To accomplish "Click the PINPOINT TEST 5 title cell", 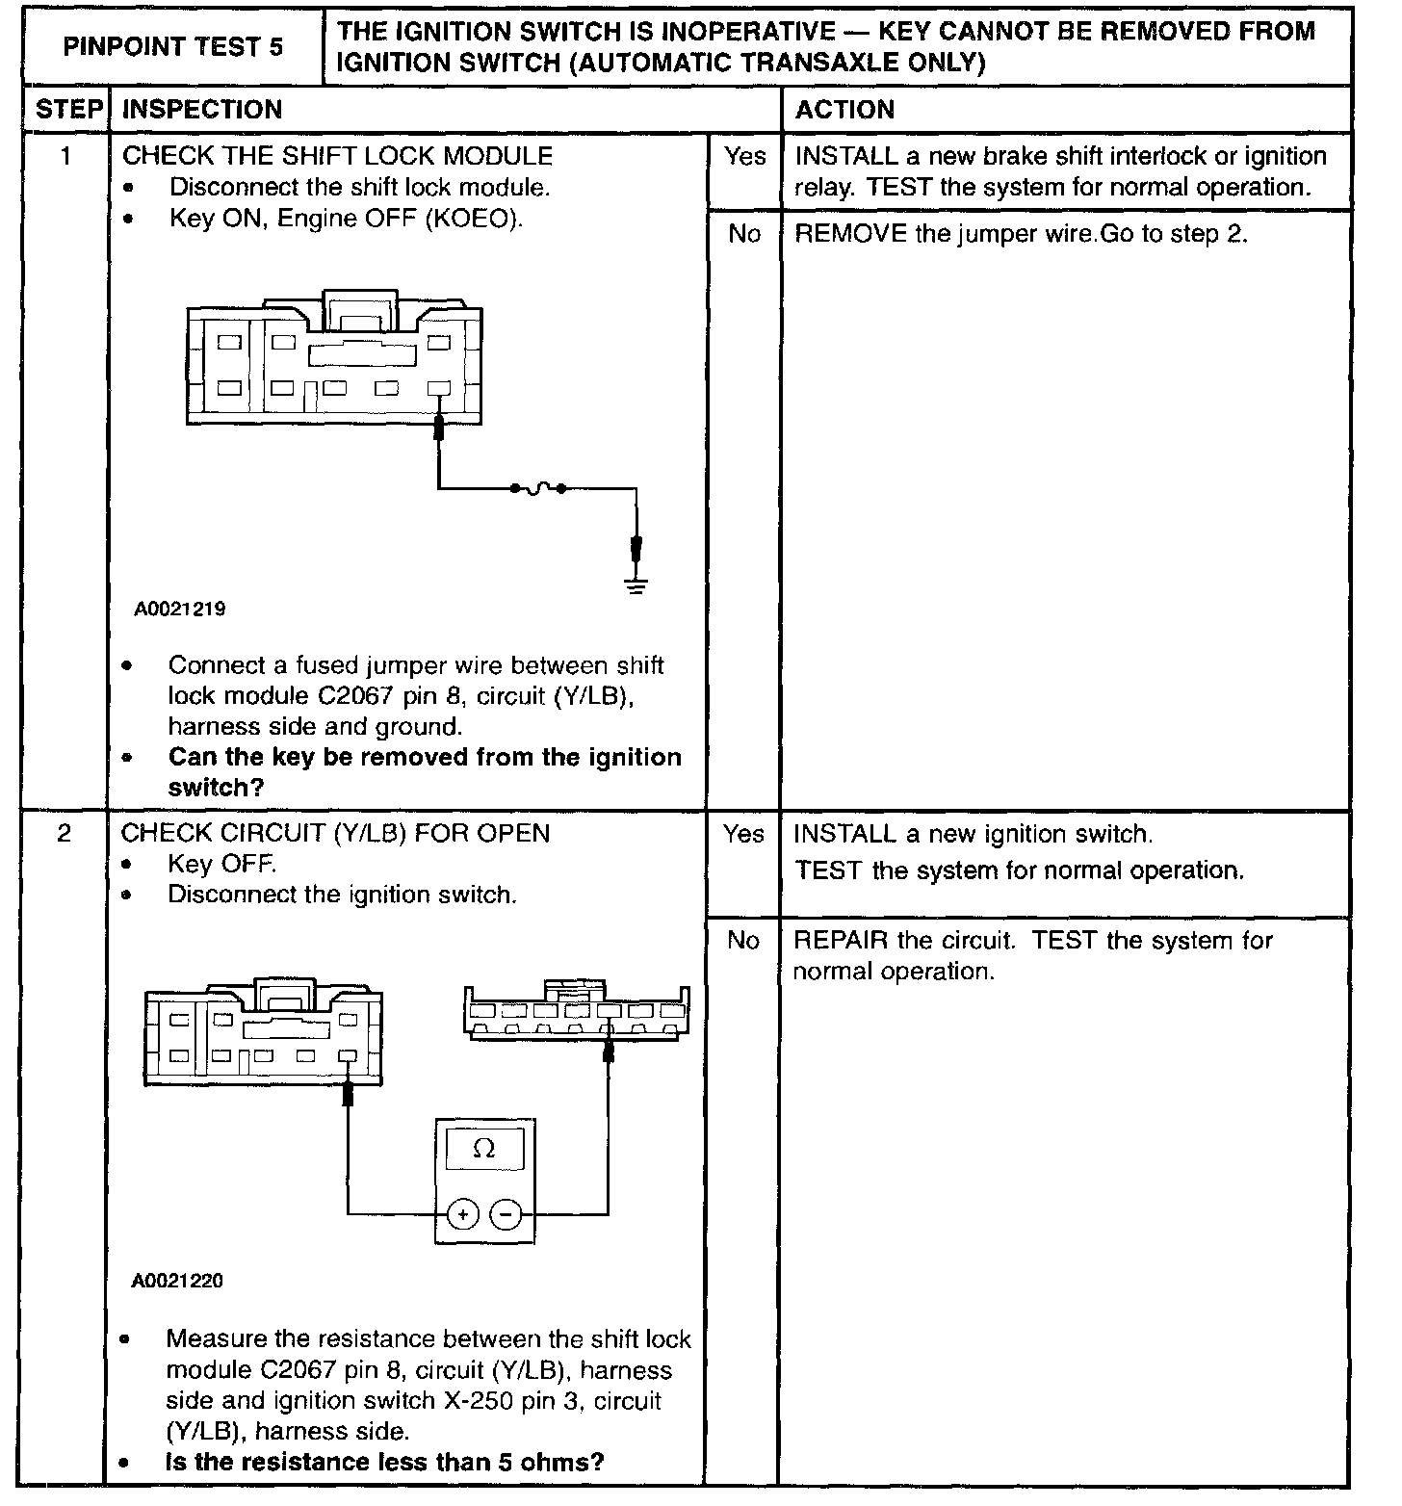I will [x=173, y=46].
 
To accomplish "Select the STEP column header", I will [x=68, y=110].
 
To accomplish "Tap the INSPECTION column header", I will [x=202, y=110].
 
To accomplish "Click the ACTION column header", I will [x=844, y=110].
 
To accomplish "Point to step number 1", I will [x=65, y=156].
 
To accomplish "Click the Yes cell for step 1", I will [x=744, y=157].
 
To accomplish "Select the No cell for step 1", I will [x=744, y=234].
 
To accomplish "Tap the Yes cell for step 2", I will [x=743, y=834].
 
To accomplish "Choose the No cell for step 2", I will [x=743, y=941].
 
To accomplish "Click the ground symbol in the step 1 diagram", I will [x=636, y=584].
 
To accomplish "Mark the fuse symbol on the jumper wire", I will [x=536, y=489].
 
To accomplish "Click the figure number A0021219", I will [x=180, y=610].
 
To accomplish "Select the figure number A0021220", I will [x=178, y=1282].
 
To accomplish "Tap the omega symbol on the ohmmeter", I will [x=484, y=1149].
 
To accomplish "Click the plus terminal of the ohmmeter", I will [x=463, y=1214].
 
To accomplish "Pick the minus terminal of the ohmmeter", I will [x=506, y=1214].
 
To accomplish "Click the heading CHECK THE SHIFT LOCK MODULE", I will [x=337, y=156].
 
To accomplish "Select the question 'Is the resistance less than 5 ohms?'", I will [x=385, y=1463].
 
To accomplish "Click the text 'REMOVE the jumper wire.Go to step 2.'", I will [x=1021, y=234].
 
